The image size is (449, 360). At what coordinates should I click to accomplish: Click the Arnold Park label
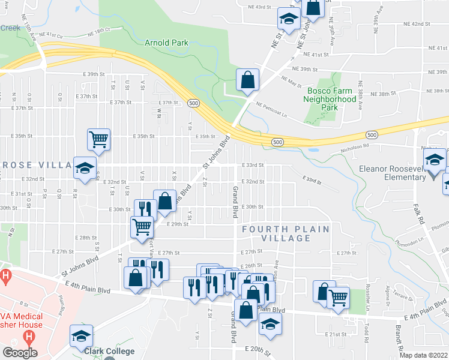pos(166,43)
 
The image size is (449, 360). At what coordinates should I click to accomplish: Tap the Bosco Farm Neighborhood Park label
pos(329,99)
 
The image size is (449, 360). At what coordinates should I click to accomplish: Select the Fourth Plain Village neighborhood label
pos(286,233)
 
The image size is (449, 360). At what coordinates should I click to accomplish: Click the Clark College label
pos(109,351)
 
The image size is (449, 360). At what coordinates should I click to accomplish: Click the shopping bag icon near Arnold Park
pos(247,79)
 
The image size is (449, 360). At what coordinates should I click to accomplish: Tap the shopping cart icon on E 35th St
pos(98,139)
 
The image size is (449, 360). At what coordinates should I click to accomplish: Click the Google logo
pos(19,353)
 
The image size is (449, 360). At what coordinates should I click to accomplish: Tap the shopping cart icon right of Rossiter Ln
pos(339,296)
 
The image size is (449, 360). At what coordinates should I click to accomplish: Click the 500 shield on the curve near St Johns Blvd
pos(193,103)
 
